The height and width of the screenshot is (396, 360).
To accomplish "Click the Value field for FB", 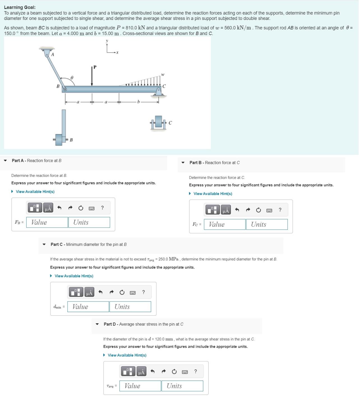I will [47, 222].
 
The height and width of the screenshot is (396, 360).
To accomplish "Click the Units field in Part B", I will [267, 224].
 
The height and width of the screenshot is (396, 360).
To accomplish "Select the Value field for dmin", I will [88, 306].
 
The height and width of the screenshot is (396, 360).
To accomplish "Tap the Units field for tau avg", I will [182, 386].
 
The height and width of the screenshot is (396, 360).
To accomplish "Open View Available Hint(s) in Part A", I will [35, 192].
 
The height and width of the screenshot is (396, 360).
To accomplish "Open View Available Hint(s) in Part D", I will [127, 355].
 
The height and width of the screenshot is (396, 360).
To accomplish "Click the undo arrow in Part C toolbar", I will [100, 292].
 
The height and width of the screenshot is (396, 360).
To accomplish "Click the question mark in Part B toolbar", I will [280, 210].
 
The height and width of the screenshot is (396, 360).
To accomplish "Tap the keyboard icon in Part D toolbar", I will [185, 372].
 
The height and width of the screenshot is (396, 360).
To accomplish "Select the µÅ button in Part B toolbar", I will [226, 210].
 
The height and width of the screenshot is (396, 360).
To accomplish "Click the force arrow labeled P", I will [92, 76].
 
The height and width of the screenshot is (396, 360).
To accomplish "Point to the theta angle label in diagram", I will [72, 77].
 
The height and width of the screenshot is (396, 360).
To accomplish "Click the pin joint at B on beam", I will [65, 90].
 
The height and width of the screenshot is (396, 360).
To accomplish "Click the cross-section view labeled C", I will [159, 122].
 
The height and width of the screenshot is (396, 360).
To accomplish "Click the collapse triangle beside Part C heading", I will [44, 244].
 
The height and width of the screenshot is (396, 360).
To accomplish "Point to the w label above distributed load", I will [163, 75].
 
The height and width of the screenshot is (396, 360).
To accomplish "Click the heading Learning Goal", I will [20, 8].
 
